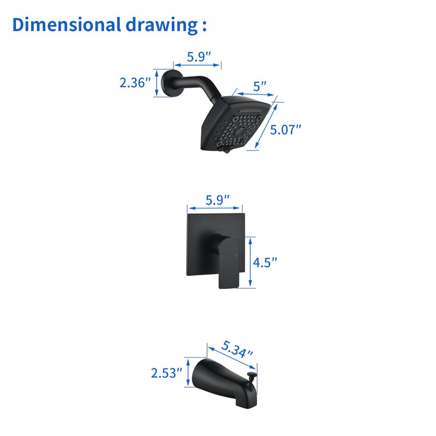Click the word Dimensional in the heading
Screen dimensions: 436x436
(x=66, y=25)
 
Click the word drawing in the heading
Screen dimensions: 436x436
(x=161, y=25)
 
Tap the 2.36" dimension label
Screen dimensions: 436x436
(x=135, y=83)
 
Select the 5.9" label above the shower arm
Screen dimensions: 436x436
(x=199, y=57)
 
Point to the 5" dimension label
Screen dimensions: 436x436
(x=260, y=87)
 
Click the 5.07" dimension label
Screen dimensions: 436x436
(x=286, y=130)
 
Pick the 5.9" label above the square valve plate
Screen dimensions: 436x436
(x=217, y=200)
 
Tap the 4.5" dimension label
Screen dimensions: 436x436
(x=265, y=262)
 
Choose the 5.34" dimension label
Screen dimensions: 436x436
(x=237, y=349)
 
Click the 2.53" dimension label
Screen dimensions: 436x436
(x=166, y=373)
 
